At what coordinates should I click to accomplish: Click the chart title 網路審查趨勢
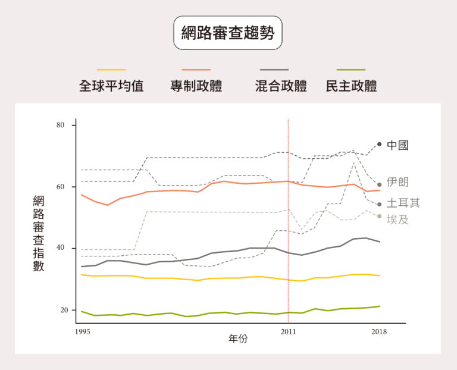pyautogui.click(x=228, y=33)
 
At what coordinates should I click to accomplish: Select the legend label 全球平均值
pyautogui.click(x=111, y=86)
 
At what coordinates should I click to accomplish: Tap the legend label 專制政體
pyautogui.click(x=196, y=86)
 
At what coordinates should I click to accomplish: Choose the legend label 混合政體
pyautogui.click(x=281, y=86)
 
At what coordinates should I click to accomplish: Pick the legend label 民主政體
pyautogui.click(x=352, y=86)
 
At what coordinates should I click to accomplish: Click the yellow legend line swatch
pyautogui.click(x=111, y=70)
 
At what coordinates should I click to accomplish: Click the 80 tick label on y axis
pyautogui.click(x=61, y=126)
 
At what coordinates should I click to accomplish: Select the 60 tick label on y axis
pyautogui.click(x=61, y=187)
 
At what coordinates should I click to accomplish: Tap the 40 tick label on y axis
pyautogui.click(x=61, y=249)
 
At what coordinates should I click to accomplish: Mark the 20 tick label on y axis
pyautogui.click(x=61, y=311)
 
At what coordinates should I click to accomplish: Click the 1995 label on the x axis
pyautogui.click(x=83, y=331)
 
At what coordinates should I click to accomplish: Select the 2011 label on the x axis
pyautogui.click(x=288, y=331)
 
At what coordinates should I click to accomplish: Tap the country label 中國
pyautogui.click(x=397, y=145)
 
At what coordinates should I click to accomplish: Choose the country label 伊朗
pyautogui.click(x=397, y=182)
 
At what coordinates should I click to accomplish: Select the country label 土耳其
pyautogui.click(x=403, y=203)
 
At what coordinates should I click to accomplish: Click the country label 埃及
pyautogui.click(x=397, y=220)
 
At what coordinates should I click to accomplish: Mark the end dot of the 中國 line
pyautogui.click(x=379, y=144)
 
